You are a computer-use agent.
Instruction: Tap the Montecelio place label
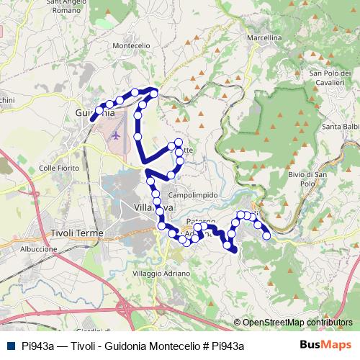point(132,45)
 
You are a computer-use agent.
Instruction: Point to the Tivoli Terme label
point(77,233)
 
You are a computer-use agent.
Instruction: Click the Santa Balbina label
point(341,127)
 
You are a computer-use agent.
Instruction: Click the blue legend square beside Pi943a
point(9,346)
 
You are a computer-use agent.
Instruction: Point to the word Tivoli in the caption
point(86,346)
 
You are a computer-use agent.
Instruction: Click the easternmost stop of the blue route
point(266,235)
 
